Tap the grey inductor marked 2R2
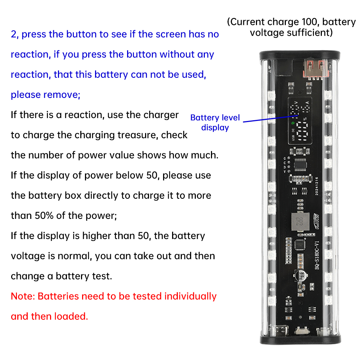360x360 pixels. tap(300, 221)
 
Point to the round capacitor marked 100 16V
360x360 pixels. tap(301, 275)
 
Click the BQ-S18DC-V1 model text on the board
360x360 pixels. tap(317, 255)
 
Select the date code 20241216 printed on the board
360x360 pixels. tap(316, 186)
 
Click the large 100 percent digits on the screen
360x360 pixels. tap(302, 131)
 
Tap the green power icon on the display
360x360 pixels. tap(293, 123)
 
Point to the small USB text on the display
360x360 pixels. tap(293, 138)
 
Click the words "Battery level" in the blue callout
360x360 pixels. tap(215, 118)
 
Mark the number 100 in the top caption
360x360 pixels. tap(310, 22)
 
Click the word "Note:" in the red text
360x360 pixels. tap(23, 296)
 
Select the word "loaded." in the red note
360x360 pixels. tap(71, 316)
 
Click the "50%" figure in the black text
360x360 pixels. tap(44, 216)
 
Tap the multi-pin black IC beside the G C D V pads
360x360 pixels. tap(300, 165)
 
